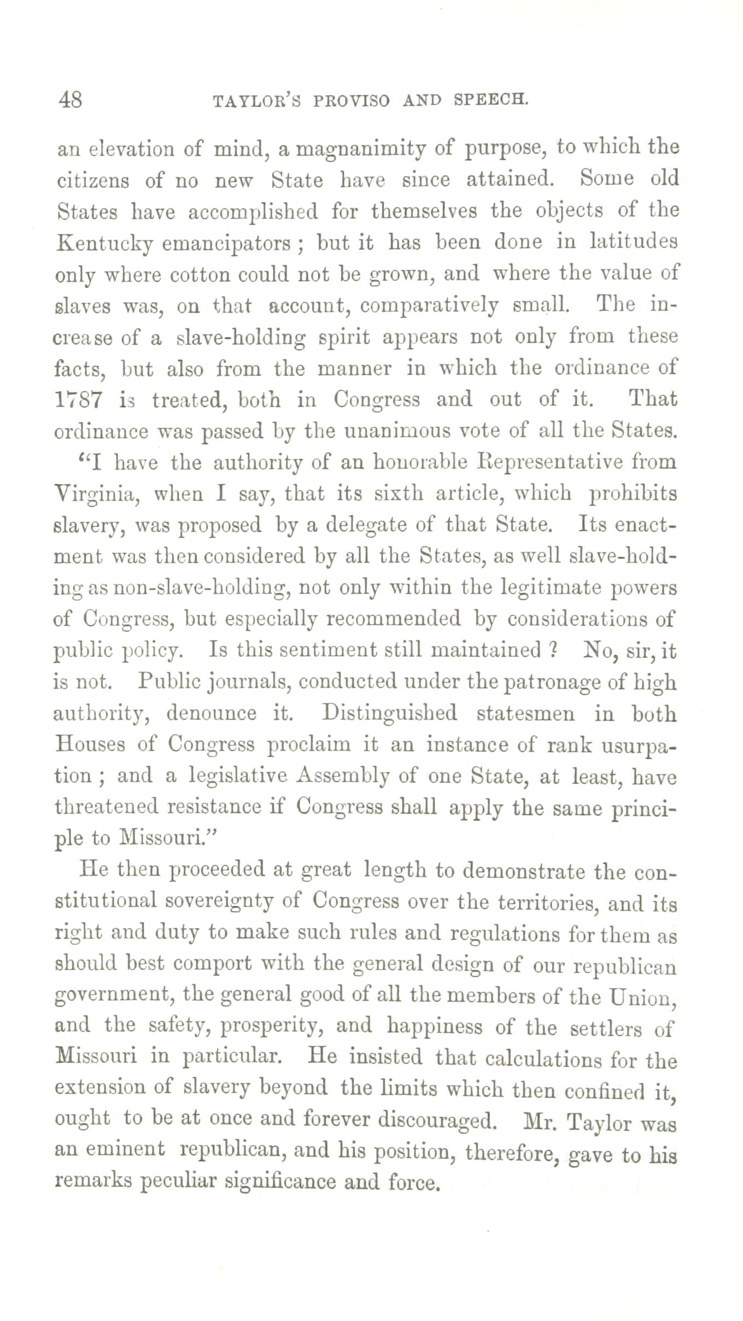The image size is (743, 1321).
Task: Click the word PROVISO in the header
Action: point(352,102)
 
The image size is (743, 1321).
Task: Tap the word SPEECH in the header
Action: point(490,101)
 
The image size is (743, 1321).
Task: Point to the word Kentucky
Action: point(104,243)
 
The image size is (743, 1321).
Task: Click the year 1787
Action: point(78,400)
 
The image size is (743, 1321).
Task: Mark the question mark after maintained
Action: point(553,650)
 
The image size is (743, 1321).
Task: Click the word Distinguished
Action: point(389,714)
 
